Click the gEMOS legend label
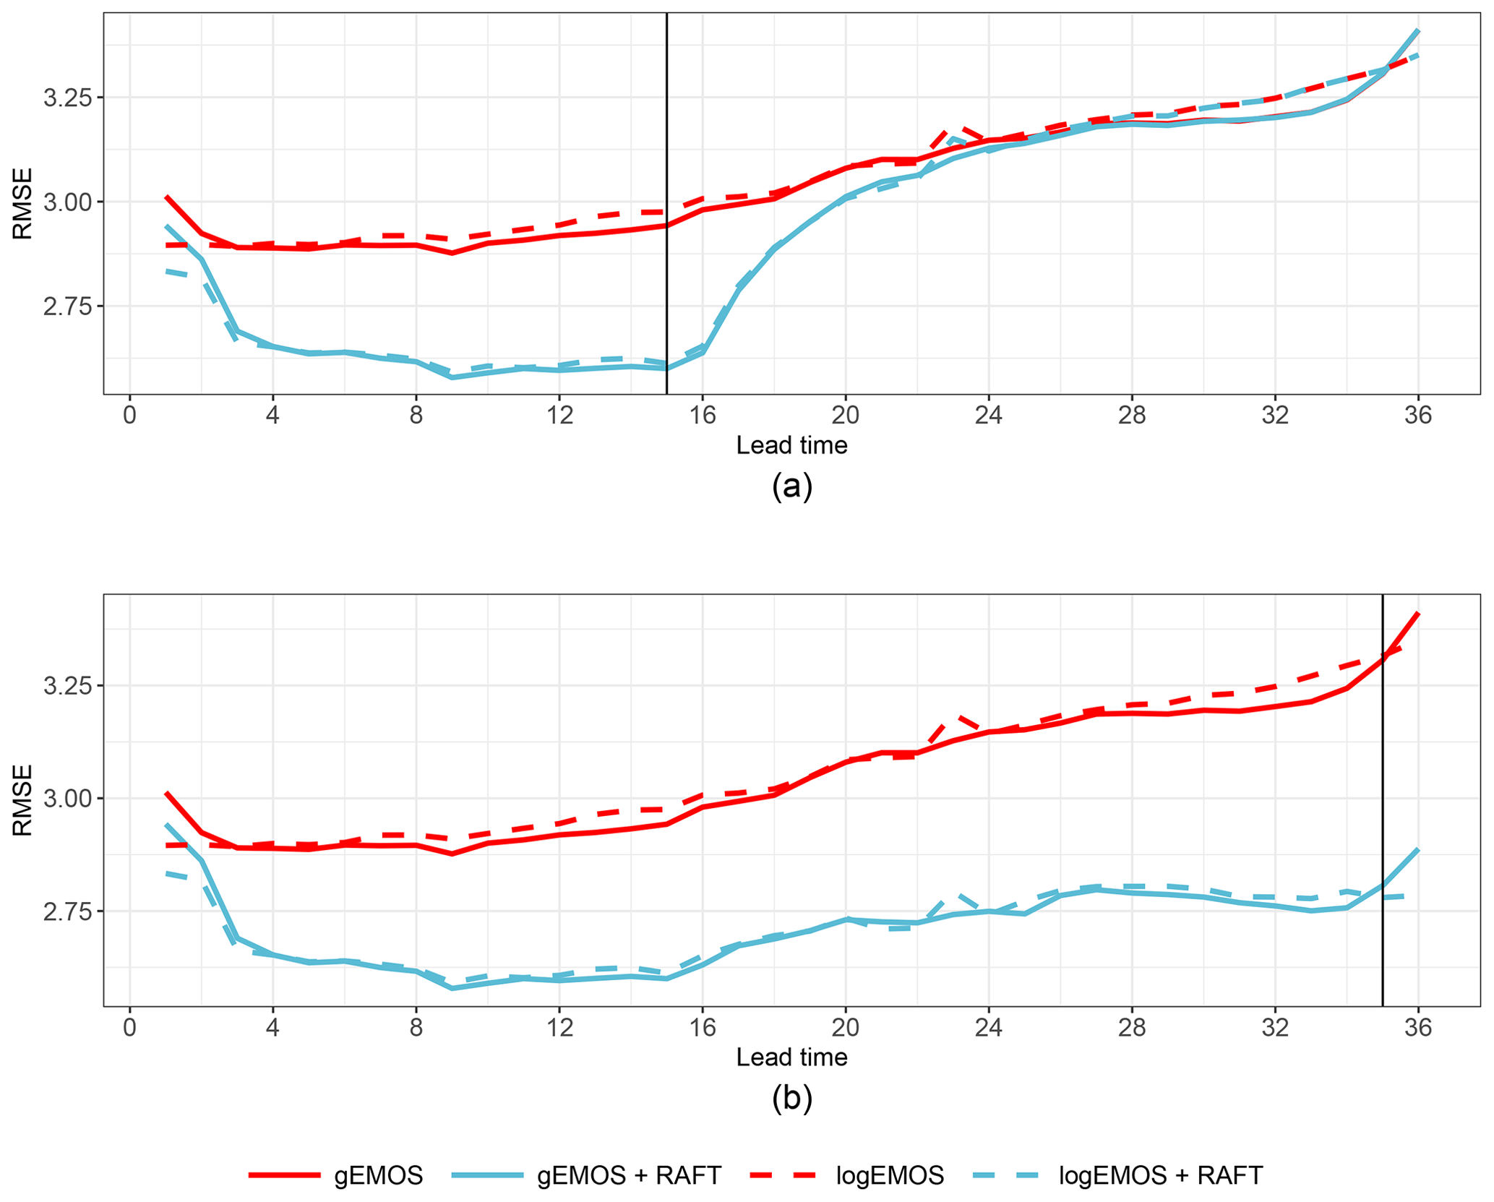click(378, 1175)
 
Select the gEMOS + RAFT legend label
click(629, 1175)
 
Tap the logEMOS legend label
click(890, 1175)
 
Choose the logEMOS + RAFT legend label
click(1161, 1175)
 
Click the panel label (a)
click(791, 486)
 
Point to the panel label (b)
click(791, 1098)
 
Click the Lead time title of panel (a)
click(791, 445)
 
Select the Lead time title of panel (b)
click(791, 1057)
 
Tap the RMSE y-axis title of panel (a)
click(22, 203)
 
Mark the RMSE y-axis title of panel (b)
click(22, 800)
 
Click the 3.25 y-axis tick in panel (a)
click(63, 98)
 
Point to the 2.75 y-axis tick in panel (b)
click(63, 911)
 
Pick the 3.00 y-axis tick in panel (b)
click(63, 799)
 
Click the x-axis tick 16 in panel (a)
click(702, 416)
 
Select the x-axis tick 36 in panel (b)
click(1418, 1027)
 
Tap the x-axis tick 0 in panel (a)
click(129, 416)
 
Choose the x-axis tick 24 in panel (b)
click(988, 1027)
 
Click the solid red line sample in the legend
click(284, 1175)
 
